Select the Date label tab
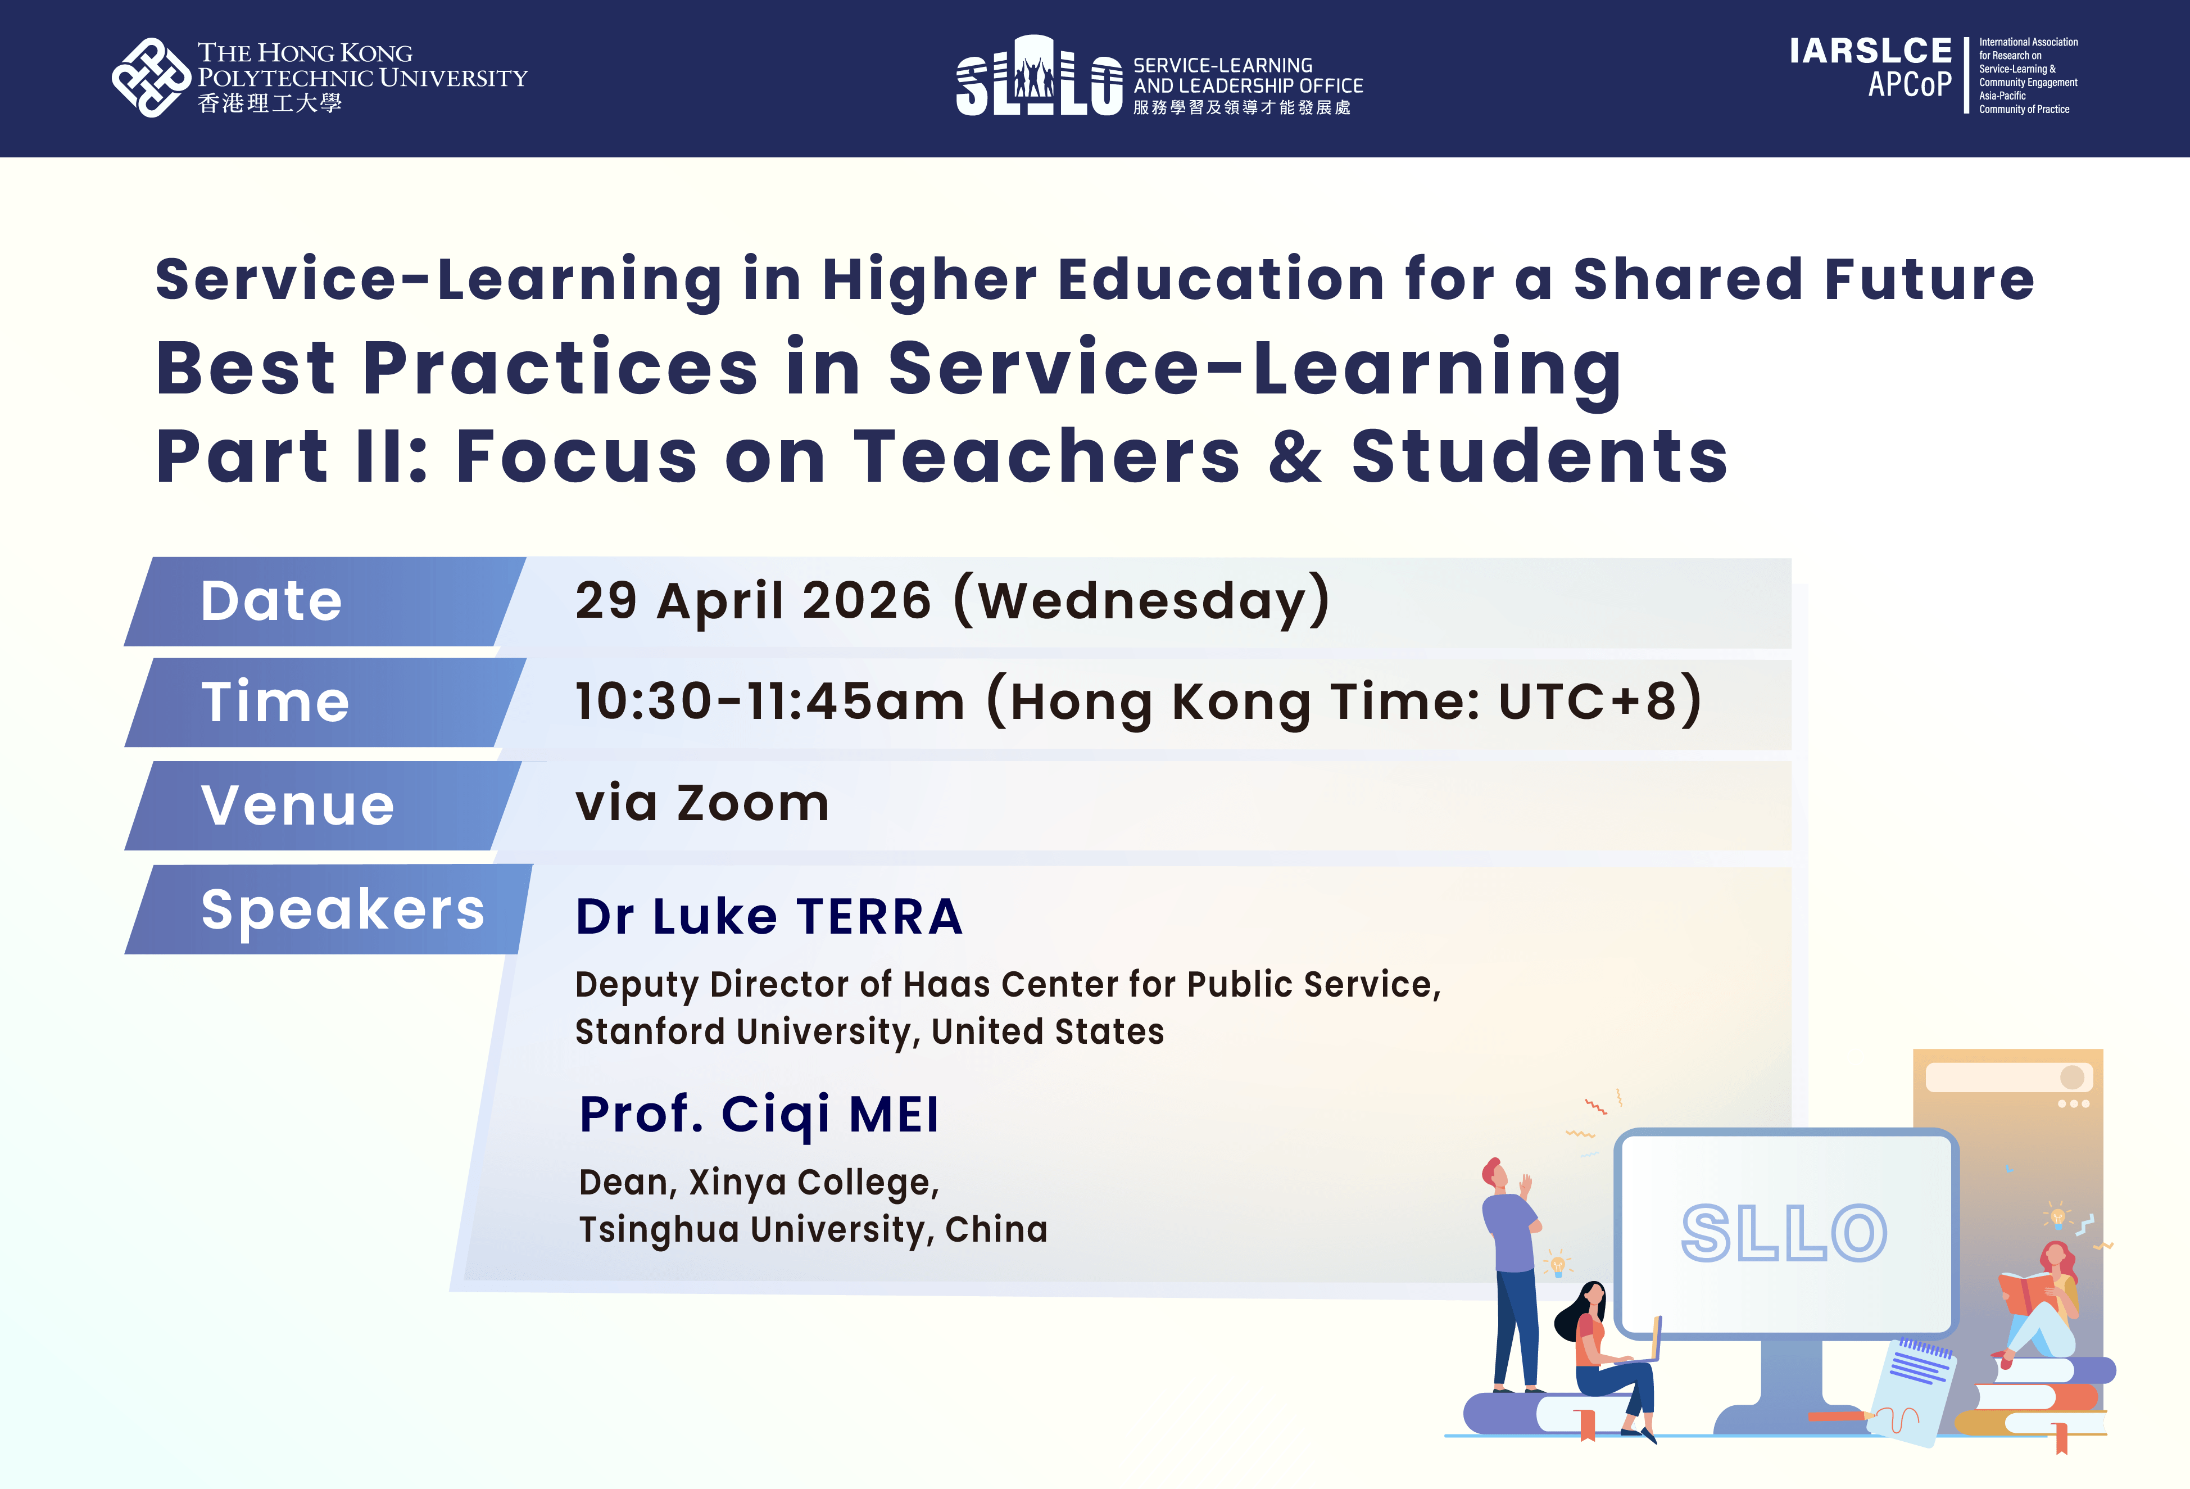coord(325,601)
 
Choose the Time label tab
coord(325,702)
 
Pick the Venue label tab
coord(323,805)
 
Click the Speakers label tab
coord(329,909)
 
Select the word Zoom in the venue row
coord(753,804)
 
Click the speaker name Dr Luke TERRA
coord(769,917)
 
